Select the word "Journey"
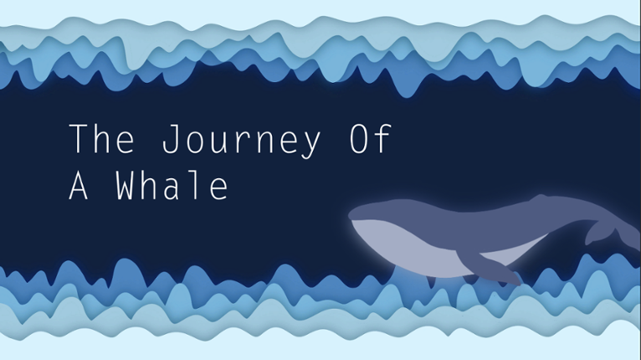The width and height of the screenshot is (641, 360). click(x=240, y=140)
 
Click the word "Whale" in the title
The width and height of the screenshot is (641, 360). click(x=172, y=186)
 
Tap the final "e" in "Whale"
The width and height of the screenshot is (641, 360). click(x=218, y=188)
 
